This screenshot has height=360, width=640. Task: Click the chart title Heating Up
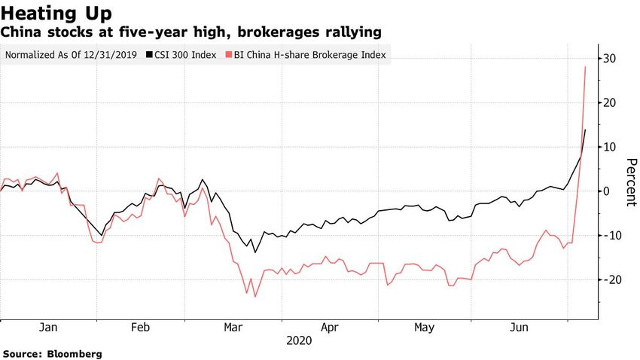(58, 13)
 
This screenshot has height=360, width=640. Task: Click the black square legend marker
(148, 55)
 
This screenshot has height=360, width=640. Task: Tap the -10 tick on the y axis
(607, 236)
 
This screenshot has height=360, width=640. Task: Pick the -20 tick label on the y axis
(607, 279)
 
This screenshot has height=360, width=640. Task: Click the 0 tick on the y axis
(605, 191)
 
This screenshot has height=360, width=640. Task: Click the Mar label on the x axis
(233, 328)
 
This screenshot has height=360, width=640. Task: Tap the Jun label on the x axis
(519, 328)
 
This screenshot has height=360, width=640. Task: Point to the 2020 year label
(299, 341)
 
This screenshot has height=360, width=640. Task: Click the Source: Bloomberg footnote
(53, 353)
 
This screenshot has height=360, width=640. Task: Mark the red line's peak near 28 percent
(586, 67)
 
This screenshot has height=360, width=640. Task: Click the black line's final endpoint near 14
(586, 130)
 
